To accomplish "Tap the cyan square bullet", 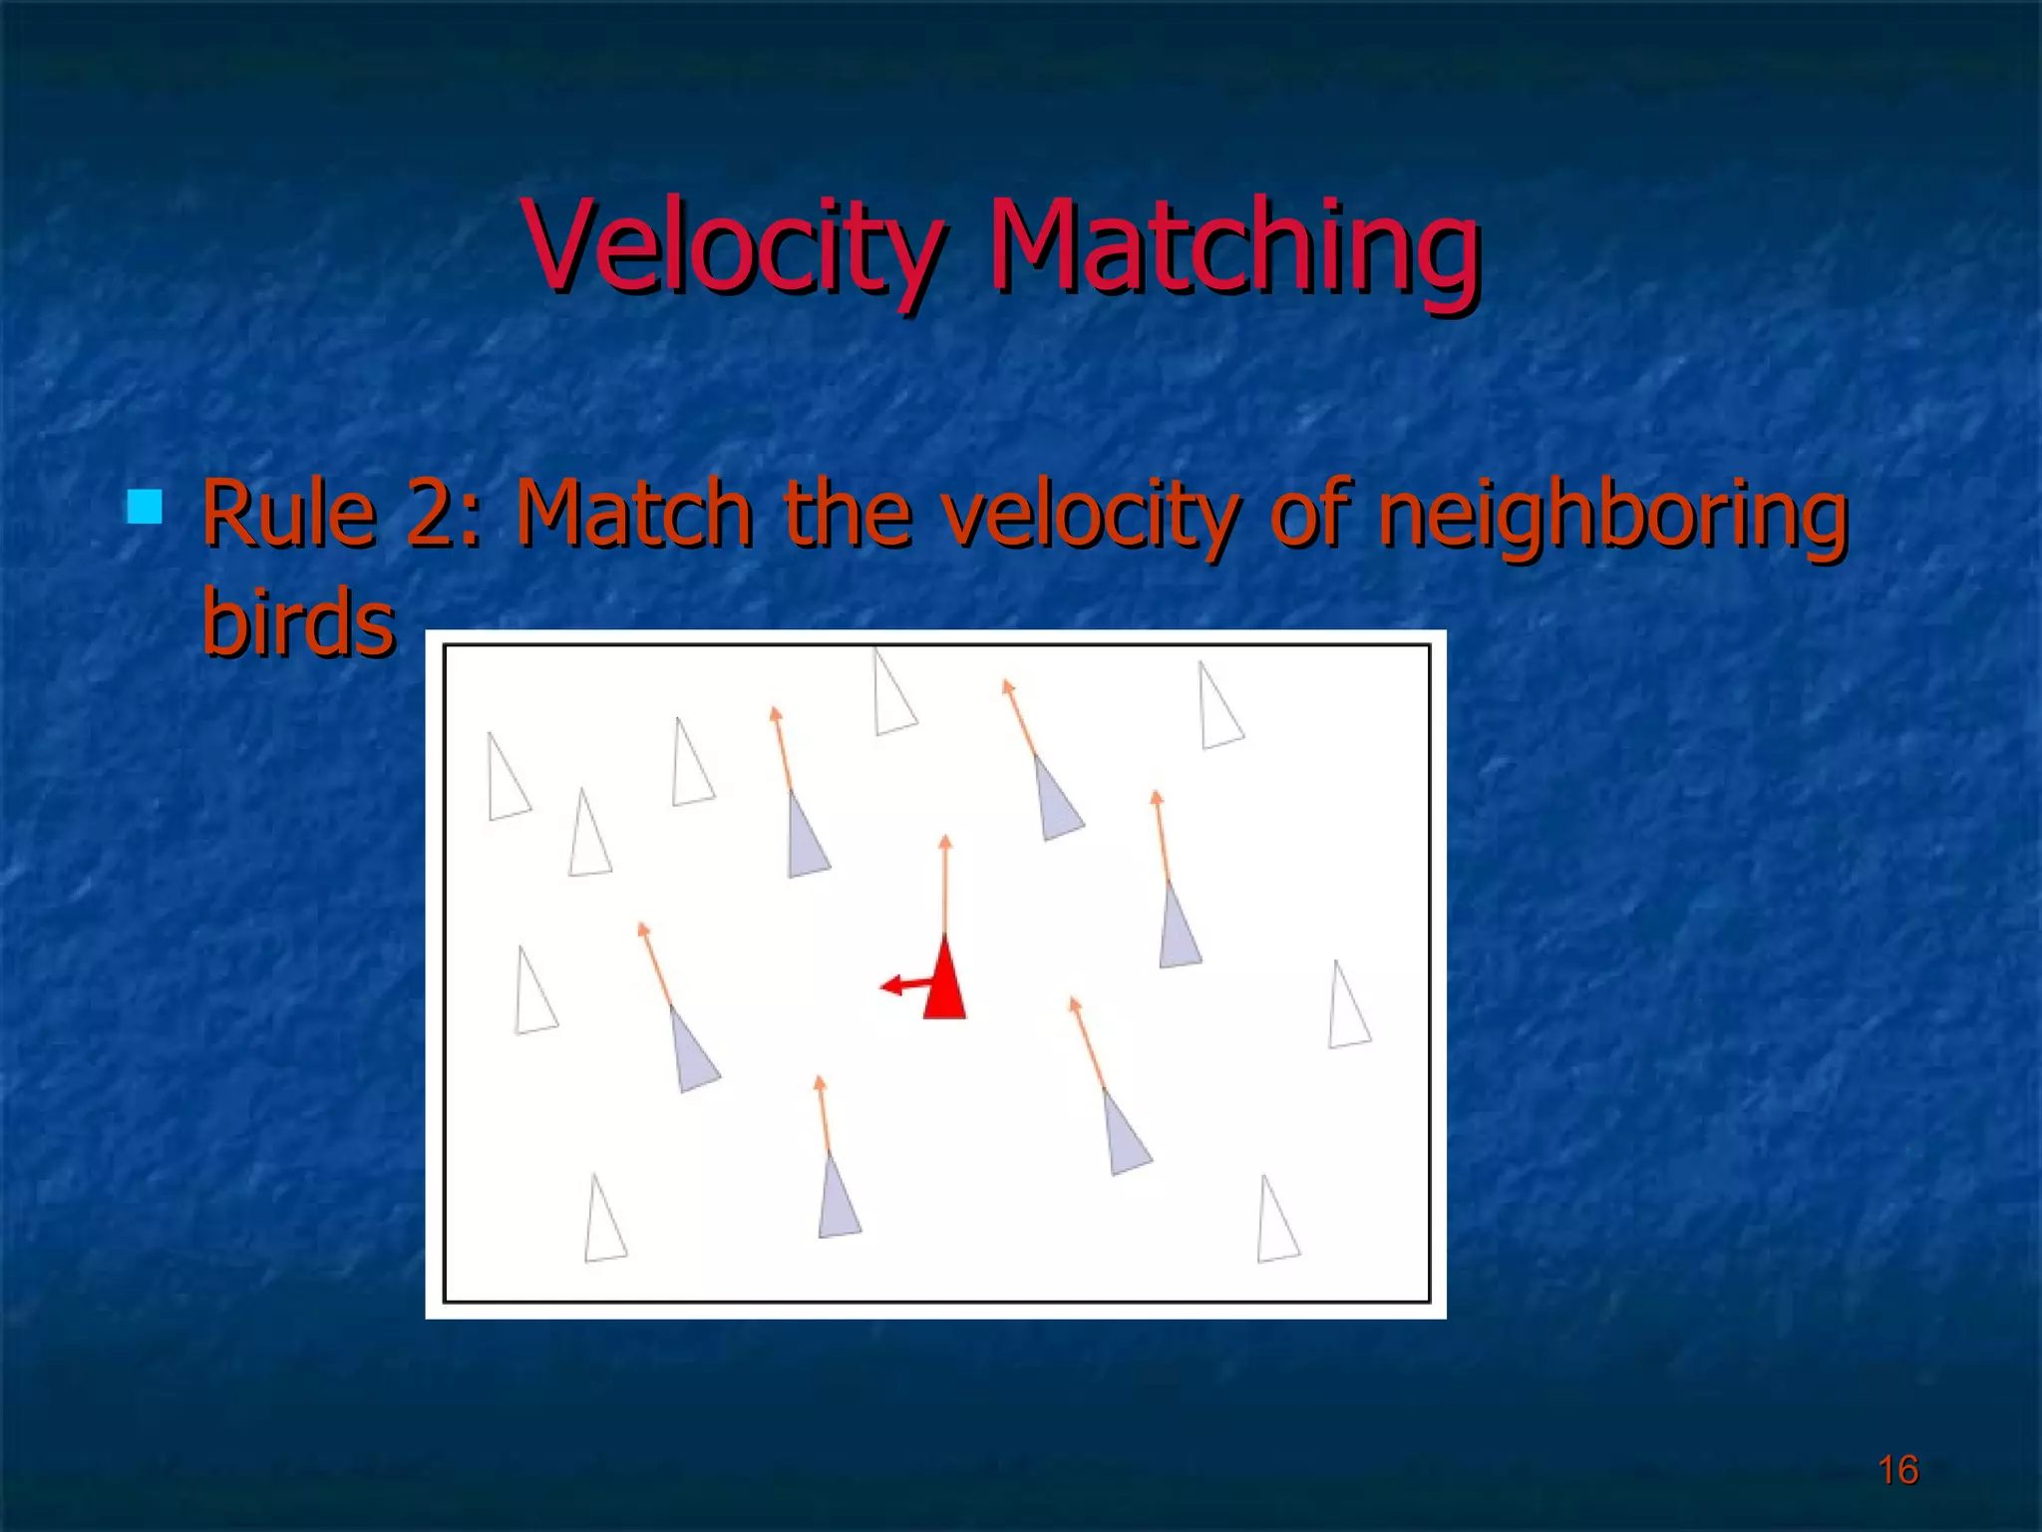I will coord(145,507).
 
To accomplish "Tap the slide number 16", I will coord(1897,1470).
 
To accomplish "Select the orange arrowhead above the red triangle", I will coord(945,843).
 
